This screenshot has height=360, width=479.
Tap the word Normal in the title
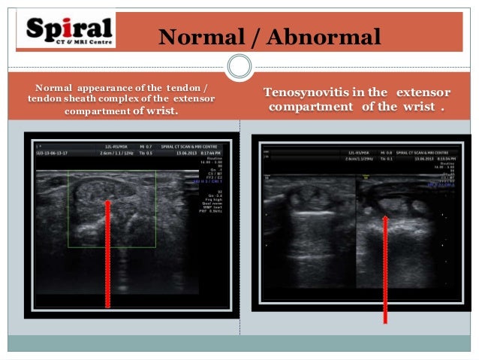[199, 36]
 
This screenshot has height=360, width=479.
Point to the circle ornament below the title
[239, 66]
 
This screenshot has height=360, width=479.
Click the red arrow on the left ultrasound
[107, 256]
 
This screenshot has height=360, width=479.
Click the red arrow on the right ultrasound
[385, 271]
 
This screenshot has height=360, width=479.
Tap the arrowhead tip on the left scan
[107, 202]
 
